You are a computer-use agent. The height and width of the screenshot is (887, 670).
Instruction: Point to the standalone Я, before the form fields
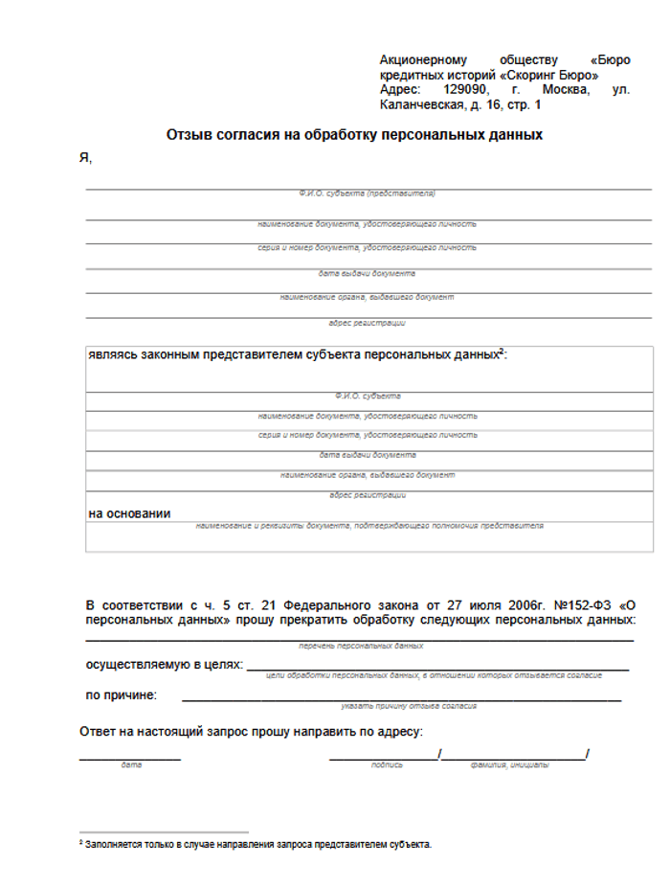(x=85, y=158)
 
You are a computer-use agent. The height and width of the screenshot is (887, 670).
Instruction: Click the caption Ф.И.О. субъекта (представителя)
(x=367, y=193)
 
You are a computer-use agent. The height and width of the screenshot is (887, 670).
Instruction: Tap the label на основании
(x=129, y=513)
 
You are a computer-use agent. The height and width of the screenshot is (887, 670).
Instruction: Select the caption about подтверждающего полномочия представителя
(x=369, y=526)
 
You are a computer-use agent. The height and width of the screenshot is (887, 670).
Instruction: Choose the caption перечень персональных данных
(x=361, y=647)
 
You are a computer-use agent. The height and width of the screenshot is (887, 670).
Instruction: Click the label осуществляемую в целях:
(x=164, y=664)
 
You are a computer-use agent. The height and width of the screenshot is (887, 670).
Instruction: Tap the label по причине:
(x=122, y=694)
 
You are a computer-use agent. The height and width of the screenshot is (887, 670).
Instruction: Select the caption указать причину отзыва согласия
(x=409, y=707)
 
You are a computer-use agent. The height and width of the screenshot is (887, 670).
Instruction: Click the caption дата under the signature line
(x=131, y=765)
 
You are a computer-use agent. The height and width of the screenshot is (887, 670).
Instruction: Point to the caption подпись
(x=386, y=765)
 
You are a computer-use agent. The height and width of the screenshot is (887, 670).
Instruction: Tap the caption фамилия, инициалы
(x=510, y=765)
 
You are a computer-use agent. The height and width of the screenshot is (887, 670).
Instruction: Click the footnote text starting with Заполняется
(x=258, y=845)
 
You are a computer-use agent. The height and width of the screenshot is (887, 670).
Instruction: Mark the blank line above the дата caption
(x=130, y=758)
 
